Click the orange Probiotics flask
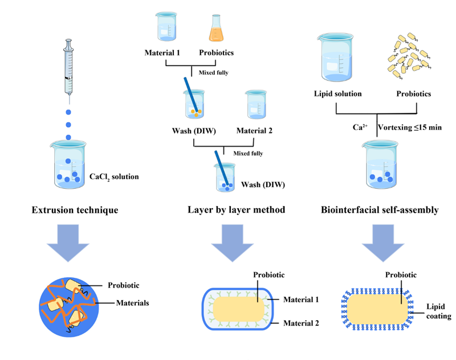[215, 28]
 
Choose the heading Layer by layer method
[236, 210]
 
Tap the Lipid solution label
[339, 93]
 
